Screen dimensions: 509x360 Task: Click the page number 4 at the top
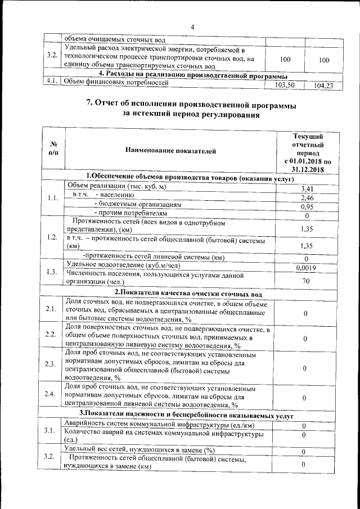(192, 27)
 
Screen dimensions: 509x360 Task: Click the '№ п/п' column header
(53, 149)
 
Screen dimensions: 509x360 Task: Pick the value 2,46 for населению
(307, 198)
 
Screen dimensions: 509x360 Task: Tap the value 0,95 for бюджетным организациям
(307, 207)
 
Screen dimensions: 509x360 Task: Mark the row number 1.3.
(52, 273)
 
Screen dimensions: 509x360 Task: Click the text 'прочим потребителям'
(133, 214)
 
